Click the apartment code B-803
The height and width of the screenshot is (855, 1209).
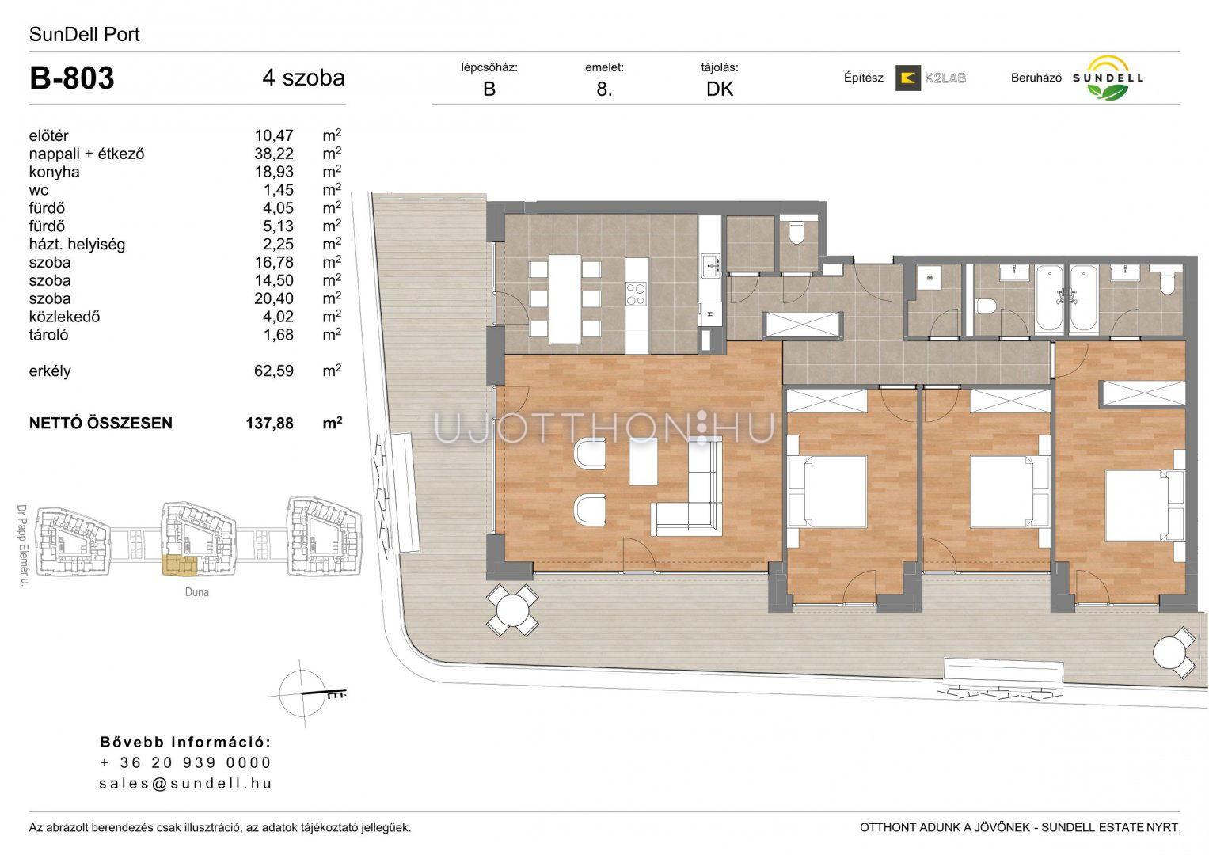[x=72, y=78]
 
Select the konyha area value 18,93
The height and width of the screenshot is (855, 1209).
[x=274, y=172]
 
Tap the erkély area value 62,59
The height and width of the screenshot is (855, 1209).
[x=274, y=370]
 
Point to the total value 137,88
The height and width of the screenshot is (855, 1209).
[x=270, y=424]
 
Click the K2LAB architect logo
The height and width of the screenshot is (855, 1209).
[x=930, y=78]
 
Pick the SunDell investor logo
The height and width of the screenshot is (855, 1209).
[x=1108, y=78]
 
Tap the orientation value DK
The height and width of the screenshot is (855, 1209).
[x=720, y=89]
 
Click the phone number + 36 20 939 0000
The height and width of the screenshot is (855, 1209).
[x=185, y=762]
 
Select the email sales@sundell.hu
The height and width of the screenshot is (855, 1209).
[x=185, y=783]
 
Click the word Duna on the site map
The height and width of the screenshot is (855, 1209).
[x=196, y=592]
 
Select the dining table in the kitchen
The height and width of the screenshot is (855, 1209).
[x=565, y=298]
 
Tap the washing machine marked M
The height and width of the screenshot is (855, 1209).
[x=930, y=278]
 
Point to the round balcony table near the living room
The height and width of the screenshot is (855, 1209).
[x=512, y=610]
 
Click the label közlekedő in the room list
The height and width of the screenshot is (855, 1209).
[x=64, y=317]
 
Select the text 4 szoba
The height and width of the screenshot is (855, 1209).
[x=303, y=78]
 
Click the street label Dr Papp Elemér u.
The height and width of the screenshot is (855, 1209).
[x=22, y=545]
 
